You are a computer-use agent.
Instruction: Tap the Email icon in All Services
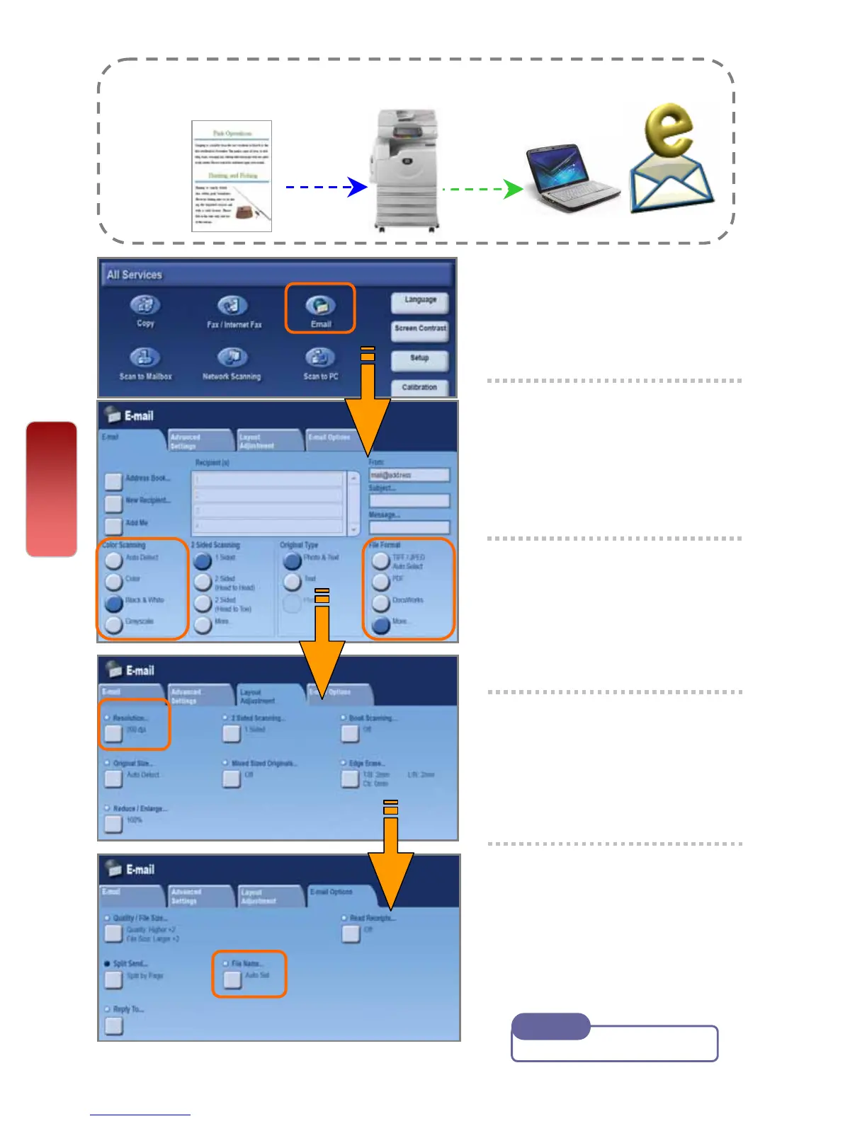pyautogui.click(x=320, y=306)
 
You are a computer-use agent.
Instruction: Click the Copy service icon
pyautogui.click(x=145, y=306)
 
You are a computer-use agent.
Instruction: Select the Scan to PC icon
pyautogui.click(x=320, y=358)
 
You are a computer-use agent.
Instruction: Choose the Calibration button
pyautogui.click(x=419, y=387)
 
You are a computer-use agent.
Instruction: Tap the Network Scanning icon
pyautogui.click(x=232, y=358)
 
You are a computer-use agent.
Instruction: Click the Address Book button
pyautogui.click(x=113, y=482)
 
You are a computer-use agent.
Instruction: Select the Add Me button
pyautogui.click(x=113, y=526)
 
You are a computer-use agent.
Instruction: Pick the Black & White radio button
pyautogui.click(x=113, y=603)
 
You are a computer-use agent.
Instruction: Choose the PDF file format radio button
pyautogui.click(x=381, y=582)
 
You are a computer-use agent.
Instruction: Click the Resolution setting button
pyautogui.click(x=113, y=733)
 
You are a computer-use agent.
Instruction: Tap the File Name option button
pyautogui.click(x=232, y=979)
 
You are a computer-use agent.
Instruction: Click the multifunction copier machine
pyautogui.click(x=404, y=170)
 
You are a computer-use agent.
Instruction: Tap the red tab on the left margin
pyautogui.click(x=52, y=489)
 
